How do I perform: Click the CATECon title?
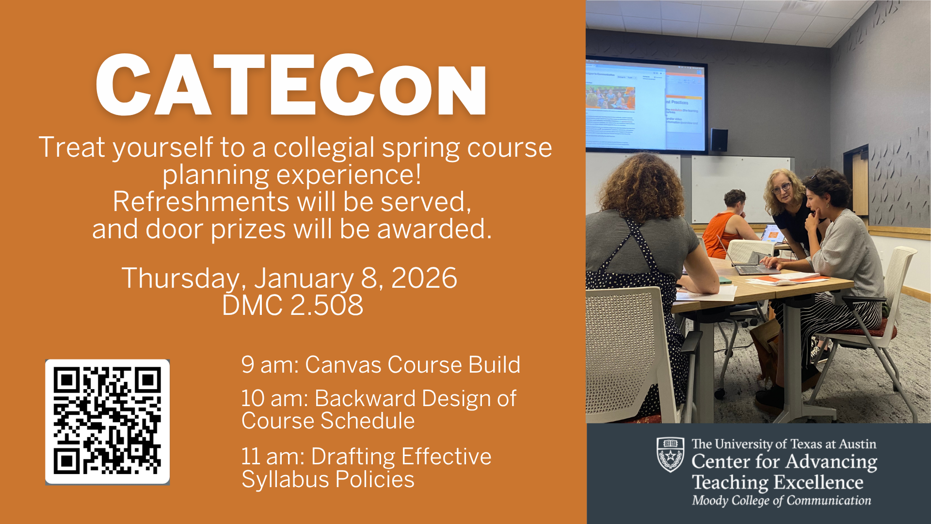pos(291,86)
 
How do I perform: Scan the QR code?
pos(107,422)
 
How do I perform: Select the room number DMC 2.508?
pos(292,305)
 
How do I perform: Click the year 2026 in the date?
pos(424,278)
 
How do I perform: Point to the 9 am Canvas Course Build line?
pos(381,365)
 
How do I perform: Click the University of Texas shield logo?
pos(670,454)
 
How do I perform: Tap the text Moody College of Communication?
pos(781,501)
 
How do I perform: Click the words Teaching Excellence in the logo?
pos(777,482)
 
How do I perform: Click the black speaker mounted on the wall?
pos(719,140)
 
